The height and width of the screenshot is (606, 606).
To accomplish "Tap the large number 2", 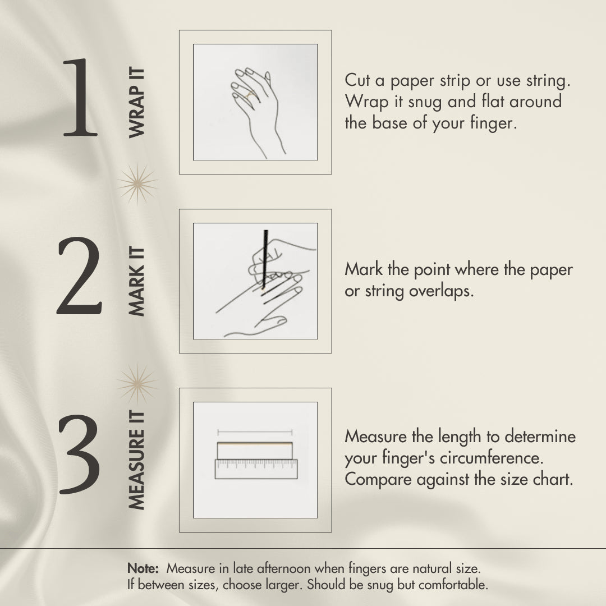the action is coord(80,276).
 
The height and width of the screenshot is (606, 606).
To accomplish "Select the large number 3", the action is coord(79,454).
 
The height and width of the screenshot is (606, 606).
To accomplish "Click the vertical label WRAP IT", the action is coord(136,103).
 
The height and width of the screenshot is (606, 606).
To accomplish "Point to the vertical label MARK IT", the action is coord(136,281).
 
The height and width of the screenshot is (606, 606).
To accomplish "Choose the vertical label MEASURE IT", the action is coord(136,460).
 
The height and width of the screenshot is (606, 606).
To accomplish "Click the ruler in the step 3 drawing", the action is coord(256,469).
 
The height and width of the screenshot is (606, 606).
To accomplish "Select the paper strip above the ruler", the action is coord(255,451).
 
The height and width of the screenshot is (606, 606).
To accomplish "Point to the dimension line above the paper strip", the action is coord(255,432).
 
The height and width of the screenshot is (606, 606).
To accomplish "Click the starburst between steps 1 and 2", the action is coord(137,183).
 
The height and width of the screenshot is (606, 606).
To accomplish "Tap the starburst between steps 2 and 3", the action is coord(137,384).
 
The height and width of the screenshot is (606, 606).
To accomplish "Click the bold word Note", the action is coord(143,568).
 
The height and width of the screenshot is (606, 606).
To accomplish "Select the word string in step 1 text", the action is coord(548,81).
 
